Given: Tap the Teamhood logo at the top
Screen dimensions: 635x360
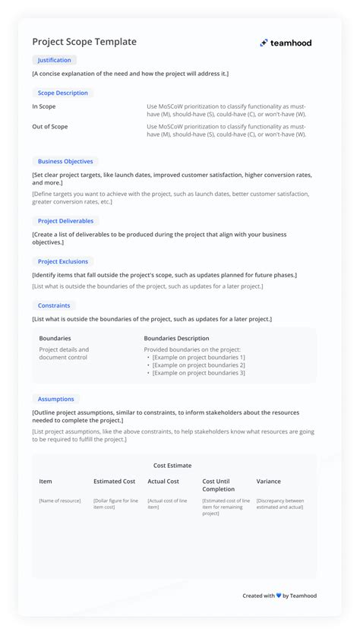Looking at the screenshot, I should (x=286, y=43).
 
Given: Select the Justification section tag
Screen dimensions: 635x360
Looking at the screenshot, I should (x=55, y=60).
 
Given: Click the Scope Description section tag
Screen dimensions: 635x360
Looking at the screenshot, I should (x=62, y=93).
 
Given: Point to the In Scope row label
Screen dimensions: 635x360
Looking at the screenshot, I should (x=43, y=107).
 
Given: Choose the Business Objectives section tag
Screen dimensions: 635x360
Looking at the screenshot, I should (x=65, y=161).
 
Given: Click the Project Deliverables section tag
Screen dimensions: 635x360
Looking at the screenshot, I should (x=65, y=221).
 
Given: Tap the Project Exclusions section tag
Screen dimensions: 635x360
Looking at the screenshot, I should (x=63, y=261).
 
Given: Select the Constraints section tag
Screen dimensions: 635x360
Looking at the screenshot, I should (x=54, y=305).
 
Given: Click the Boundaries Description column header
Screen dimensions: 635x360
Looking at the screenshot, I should (x=176, y=339).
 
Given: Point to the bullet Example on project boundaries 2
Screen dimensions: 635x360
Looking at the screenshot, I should (x=198, y=365).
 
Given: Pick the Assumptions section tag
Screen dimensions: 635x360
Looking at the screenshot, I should (x=56, y=399).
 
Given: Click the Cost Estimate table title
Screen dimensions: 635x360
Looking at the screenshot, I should (x=172, y=466).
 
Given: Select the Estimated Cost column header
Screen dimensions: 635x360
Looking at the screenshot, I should (x=114, y=482).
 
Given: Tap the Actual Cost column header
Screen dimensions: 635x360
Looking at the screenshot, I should (x=163, y=482).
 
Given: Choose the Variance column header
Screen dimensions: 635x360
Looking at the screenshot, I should (x=268, y=482).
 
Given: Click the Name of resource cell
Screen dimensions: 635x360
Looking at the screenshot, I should (x=60, y=501).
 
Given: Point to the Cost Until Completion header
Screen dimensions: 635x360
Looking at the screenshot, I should (x=219, y=485).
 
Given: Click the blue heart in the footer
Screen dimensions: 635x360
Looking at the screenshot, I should (x=279, y=596).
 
